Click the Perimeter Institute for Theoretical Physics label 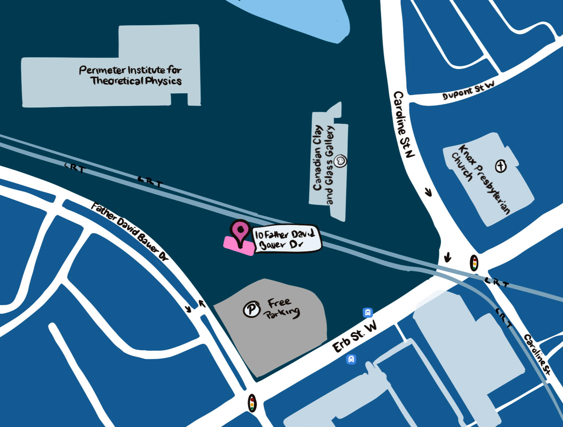(131, 75)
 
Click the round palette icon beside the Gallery (341, 161)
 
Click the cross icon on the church (501, 166)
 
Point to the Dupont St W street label (468, 90)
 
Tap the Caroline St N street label (404, 124)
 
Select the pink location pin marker (240, 232)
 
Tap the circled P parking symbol (251, 309)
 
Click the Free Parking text (282, 308)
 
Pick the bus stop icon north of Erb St (368, 313)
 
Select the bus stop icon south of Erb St (351, 359)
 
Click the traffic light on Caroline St (474, 263)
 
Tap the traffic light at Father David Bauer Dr (252, 403)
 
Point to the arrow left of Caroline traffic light (447, 257)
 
